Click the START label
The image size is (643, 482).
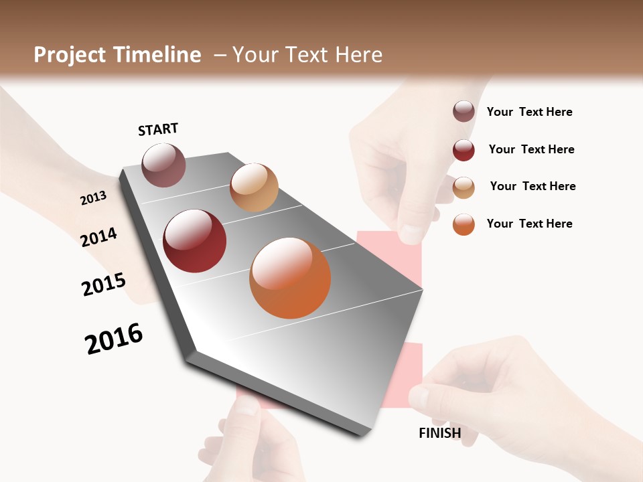[x=158, y=129]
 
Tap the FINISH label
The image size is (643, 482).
[x=439, y=433]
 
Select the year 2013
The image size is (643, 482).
[x=93, y=197]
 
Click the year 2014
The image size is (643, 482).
[x=99, y=237]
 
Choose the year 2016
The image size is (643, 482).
[x=114, y=339]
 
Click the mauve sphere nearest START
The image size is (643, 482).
[x=163, y=165]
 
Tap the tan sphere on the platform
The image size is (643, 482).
[x=254, y=187]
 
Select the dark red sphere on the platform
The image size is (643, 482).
[x=195, y=241]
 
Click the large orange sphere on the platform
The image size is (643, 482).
[x=290, y=278]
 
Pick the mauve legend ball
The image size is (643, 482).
[x=463, y=111]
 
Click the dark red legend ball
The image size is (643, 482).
[x=463, y=150]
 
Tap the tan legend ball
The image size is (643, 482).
[x=463, y=187]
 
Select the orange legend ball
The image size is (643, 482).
[x=463, y=224]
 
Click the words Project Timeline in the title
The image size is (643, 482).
[x=117, y=55]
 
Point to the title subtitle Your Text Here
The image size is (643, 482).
[x=307, y=55]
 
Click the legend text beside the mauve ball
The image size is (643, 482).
[x=529, y=112]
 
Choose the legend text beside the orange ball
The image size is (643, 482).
[x=529, y=224]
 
